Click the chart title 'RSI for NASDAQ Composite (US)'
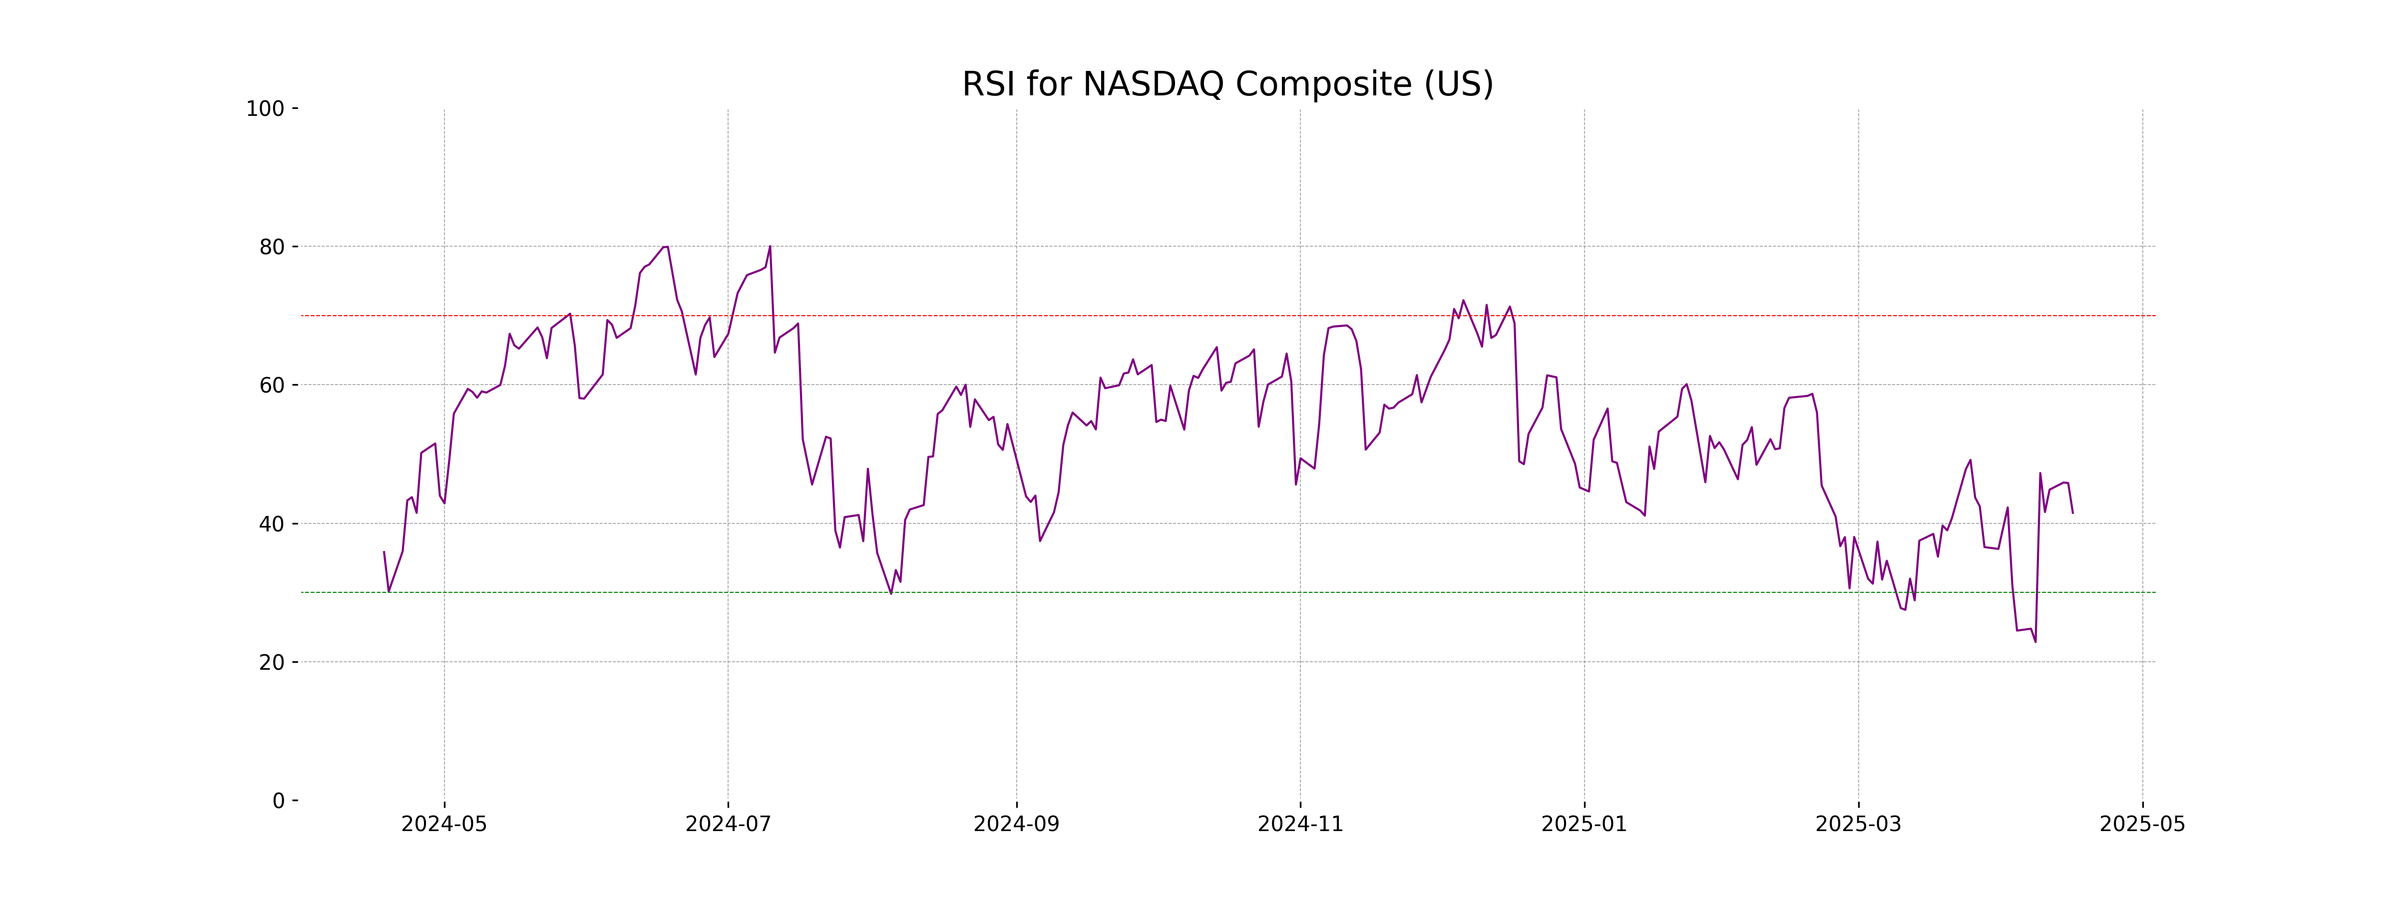click(x=1227, y=85)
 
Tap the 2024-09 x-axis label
click(x=1016, y=825)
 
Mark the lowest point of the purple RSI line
click(x=2035, y=641)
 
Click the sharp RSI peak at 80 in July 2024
click(x=770, y=247)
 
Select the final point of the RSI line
click(x=2072, y=513)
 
